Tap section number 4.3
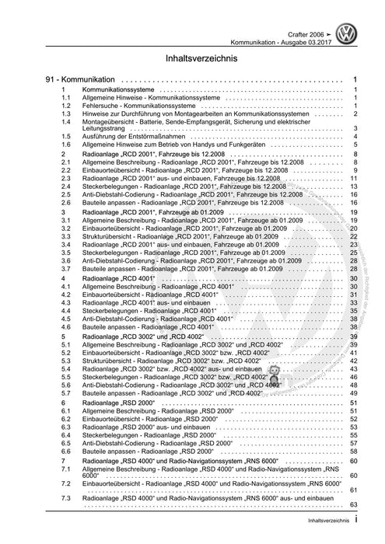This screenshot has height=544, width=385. pos(68,302)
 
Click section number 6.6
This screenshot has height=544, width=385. pos(68,450)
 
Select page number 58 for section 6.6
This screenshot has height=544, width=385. pos(352,450)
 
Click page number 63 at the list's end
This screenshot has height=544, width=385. pos(352,505)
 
